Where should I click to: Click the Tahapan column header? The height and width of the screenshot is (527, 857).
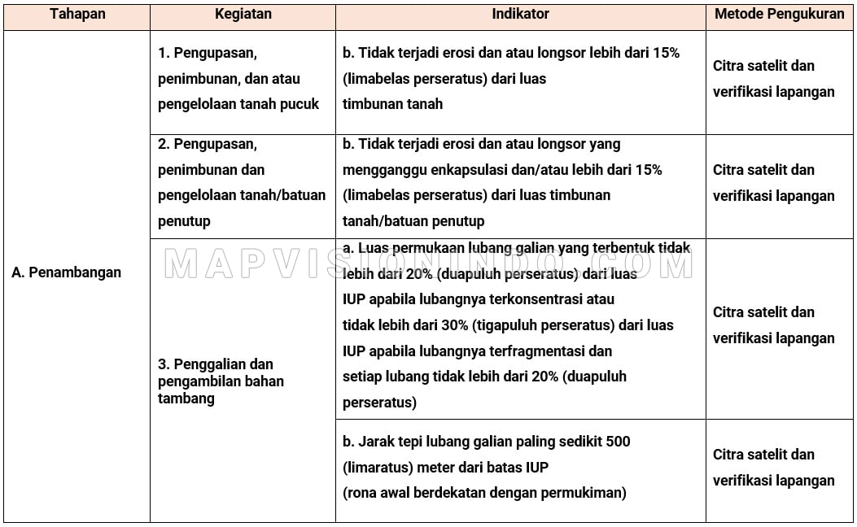pos(77,14)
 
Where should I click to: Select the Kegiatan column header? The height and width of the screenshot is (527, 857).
pos(243,14)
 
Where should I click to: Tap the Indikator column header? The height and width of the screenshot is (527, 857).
pos(521,14)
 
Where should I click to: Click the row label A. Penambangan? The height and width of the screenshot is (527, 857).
pos(67,272)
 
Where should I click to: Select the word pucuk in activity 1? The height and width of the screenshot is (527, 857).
pos(300,104)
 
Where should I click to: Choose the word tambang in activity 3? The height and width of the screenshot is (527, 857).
pos(186,399)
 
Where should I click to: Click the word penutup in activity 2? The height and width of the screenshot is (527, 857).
pos(184,221)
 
